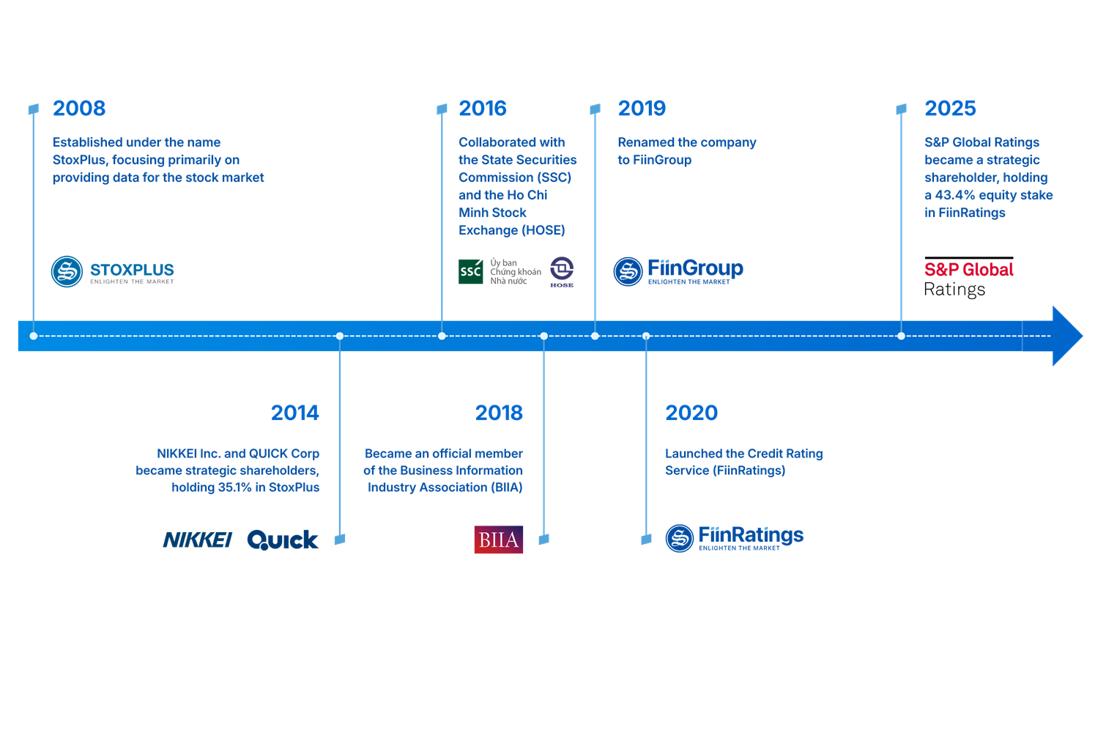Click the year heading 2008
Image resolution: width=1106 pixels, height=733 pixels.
pos(79,108)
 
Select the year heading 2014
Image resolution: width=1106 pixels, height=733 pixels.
pos(294,413)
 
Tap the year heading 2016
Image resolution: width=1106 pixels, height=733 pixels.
pos(483,108)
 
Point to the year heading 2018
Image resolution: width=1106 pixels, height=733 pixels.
pos(499,413)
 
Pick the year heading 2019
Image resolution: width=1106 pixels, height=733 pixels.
pos(642,108)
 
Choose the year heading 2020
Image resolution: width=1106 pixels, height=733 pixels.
pos(691,413)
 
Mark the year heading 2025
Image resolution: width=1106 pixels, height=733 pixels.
pos(950,108)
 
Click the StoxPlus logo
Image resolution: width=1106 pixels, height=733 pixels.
pos(113,272)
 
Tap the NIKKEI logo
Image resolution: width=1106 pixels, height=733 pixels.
pos(197,540)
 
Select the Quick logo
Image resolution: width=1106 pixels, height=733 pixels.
pos(283,540)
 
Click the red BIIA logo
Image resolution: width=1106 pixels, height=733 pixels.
pos(498,540)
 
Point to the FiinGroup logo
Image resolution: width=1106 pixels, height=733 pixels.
pos(678,271)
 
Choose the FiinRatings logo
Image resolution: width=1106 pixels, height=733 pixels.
pos(734,538)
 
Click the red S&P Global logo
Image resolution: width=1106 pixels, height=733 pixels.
pos(968,270)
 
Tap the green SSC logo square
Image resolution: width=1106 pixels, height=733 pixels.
pos(470,271)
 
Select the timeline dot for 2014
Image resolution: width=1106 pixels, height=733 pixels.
pos(339,336)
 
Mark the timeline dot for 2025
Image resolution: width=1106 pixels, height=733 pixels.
pos(901,336)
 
